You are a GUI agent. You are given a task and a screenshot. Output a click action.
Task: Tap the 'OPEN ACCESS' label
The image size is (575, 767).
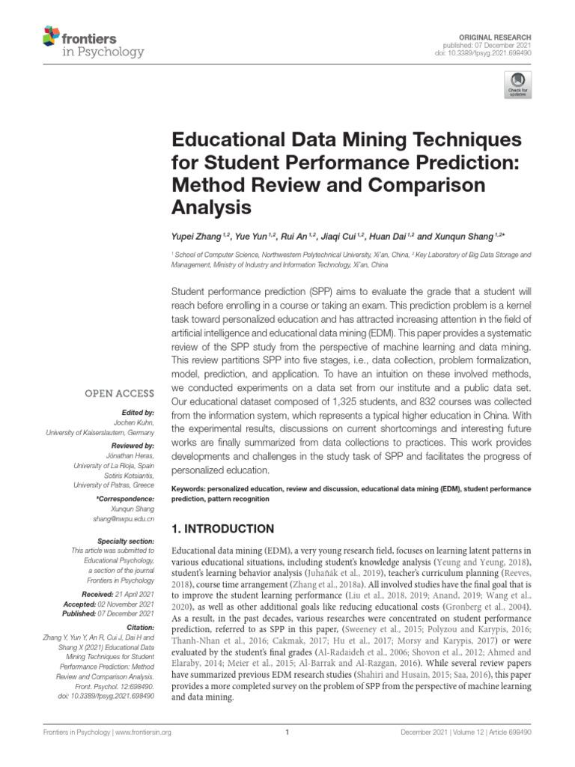[120, 393]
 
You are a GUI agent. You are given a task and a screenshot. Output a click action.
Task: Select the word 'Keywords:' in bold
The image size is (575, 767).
[191, 487]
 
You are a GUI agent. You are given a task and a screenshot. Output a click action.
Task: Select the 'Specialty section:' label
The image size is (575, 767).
[127, 540]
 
